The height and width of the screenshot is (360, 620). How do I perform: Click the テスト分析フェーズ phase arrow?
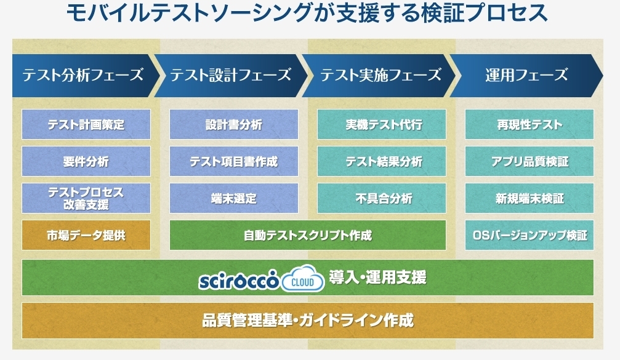click(85, 76)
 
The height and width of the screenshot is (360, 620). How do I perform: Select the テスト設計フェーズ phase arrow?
click(231, 76)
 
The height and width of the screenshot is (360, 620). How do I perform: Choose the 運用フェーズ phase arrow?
click(526, 76)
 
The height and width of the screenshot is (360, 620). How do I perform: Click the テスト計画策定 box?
click(86, 124)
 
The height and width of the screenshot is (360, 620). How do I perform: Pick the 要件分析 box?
click(86, 161)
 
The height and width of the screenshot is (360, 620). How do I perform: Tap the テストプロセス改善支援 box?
click(86, 198)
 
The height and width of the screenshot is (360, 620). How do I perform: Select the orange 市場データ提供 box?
click(86, 235)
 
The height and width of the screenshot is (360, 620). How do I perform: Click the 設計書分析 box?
click(234, 124)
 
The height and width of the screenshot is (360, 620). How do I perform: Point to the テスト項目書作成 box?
click(234, 161)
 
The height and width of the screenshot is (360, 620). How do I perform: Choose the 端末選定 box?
click(234, 198)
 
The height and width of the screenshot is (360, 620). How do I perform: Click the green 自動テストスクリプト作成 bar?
click(308, 235)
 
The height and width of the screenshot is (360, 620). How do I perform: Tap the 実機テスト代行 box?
click(382, 124)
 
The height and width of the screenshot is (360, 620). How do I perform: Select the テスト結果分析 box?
click(382, 161)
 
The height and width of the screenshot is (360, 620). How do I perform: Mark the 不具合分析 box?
click(382, 198)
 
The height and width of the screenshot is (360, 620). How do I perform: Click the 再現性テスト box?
click(529, 124)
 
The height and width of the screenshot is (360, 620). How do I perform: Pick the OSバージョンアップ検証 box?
click(529, 235)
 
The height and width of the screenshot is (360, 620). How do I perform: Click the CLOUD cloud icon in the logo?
click(303, 279)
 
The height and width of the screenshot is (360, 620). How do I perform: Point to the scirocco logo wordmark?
click(240, 280)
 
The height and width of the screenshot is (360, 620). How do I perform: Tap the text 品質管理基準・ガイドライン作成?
click(308, 321)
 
